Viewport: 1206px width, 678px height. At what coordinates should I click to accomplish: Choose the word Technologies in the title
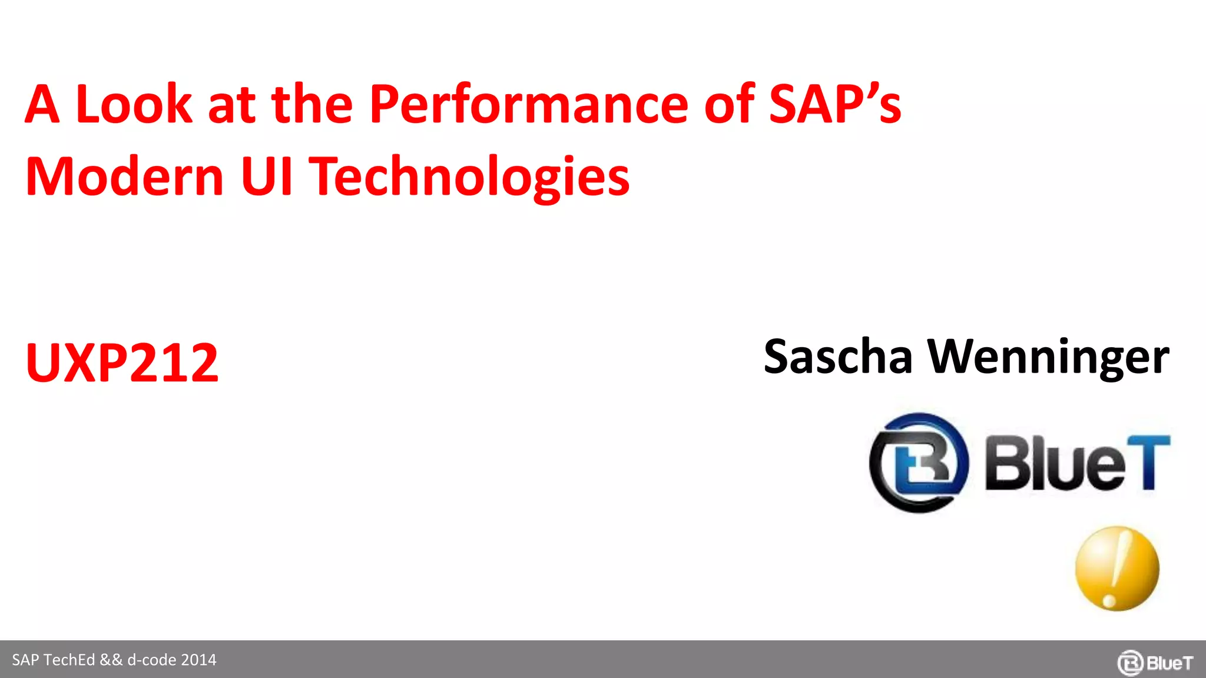pyautogui.click(x=469, y=178)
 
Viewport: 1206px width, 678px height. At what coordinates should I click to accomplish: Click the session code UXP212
pyautogui.click(x=122, y=363)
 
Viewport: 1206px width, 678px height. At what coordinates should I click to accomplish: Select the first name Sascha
pyautogui.click(x=837, y=357)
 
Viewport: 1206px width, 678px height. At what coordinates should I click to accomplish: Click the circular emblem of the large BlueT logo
pyautogui.click(x=919, y=463)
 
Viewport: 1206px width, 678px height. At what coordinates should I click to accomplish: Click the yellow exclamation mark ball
pyautogui.click(x=1117, y=569)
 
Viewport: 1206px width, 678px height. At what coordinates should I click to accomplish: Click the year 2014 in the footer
pyautogui.click(x=198, y=660)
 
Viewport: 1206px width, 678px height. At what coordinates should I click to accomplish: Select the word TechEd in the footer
pyautogui.click(x=69, y=660)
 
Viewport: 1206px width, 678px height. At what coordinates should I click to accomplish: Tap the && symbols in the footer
pyautogui.click(x=111, y=660)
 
